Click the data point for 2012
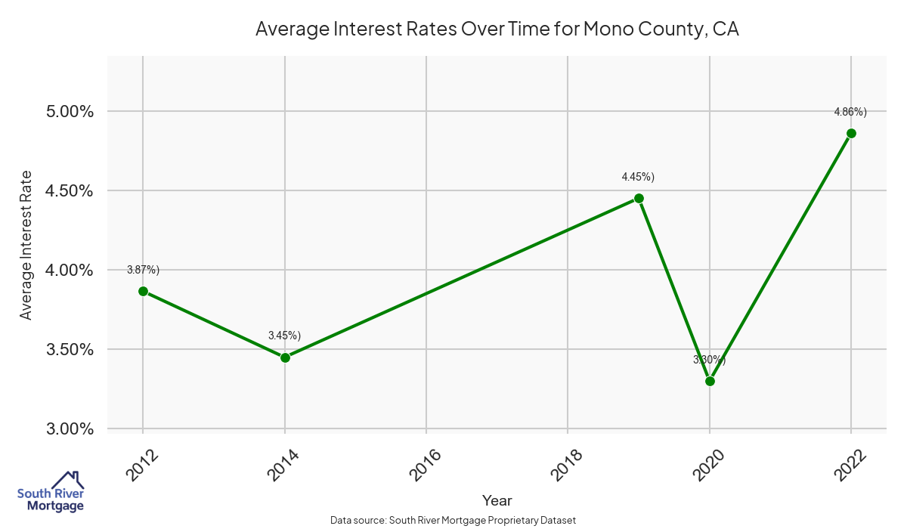pyautogui.click(x=143, y=291)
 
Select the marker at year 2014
pyautogui.click(x=285, y=357)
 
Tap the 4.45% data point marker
pyautogui.click(x=639, y=198)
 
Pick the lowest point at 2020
pyautogui.click(x=710, y=381)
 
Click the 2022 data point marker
pyautogui.click(x=851, y=133)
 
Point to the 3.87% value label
pyautogui.click(x=143, y=270)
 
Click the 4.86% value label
pyautogui.click(x=850, y=112)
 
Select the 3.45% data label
pyautogui.click(x=284, y=336)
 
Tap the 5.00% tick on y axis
pyautogui.click(x=66, y=112)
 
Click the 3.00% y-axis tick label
pyautogui.click(x=66, y=429)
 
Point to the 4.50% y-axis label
pyautogui.click(x=66, y=191)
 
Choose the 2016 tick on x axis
pyautogui.click(x=426, y=464)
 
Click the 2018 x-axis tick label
pyautogui.click(x=568, y=464)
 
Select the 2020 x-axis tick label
pyautogui.click(x=710, y=464)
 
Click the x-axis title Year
pyautogui.click(x=497, y=500)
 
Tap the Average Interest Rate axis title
pyautogui.click(x=26, y=245)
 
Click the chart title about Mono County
pyautogui.click(x=497, y=29)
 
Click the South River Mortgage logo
pyautogui.click(x=51, y=492)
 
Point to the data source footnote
pyautogui.click(x=453, y=520)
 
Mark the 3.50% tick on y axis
pyautogui.click(x=66, y=350)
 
